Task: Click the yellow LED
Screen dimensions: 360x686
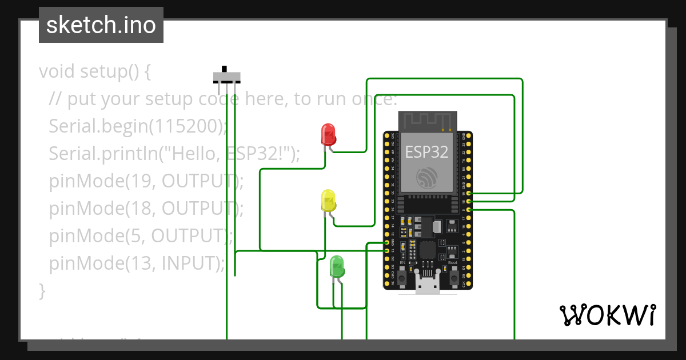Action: tap(328, 201)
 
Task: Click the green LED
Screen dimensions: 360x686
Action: tap(337, 267)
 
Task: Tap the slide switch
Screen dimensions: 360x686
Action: tap(226, 77)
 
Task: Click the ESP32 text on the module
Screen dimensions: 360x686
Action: tap(426, 151)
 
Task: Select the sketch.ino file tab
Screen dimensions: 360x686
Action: tap(101, 25)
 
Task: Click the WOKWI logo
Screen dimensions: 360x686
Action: tap(607, 315)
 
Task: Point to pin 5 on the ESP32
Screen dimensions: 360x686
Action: tap(469, 210)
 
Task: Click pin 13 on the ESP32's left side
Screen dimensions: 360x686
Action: tap(387, 251)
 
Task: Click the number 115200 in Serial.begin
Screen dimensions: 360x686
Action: tap(185, 126)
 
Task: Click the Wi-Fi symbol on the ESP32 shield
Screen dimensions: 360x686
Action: tap(427, 178)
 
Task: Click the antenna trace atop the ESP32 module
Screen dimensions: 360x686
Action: tap(427, 120)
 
